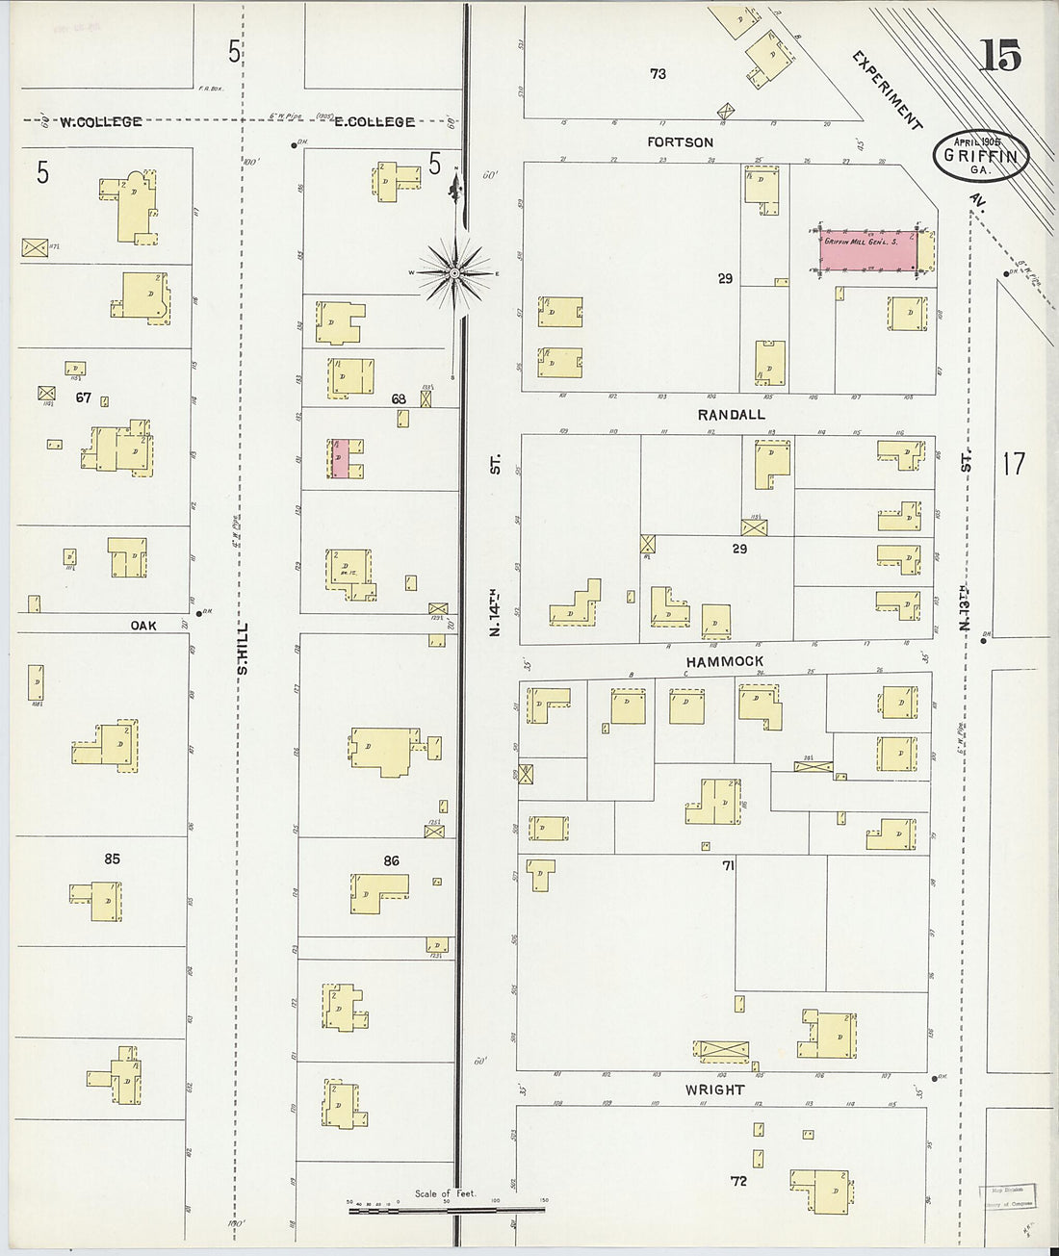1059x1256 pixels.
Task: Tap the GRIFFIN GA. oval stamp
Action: point(980,156)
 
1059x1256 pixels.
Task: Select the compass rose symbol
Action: point(454,272)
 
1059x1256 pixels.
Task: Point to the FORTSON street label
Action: point(680,142)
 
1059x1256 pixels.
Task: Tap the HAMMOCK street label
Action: point(725,661)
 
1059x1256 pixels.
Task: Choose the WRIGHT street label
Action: point(714,1089)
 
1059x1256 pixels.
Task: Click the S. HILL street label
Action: point(243,647)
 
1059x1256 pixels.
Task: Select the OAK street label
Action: point(143,626)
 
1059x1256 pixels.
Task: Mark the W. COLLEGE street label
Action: point(100,122)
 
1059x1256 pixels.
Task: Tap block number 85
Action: point(112,859)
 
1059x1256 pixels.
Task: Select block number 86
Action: point(391,860)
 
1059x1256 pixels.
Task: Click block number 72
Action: point(738,1180)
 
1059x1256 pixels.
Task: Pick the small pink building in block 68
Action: point(341,459)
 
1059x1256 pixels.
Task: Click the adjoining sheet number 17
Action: point(1013,464)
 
